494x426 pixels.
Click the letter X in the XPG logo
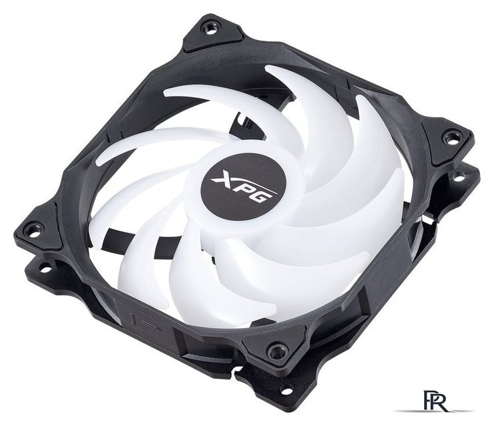point(224,178)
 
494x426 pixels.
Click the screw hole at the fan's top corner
point(209,29)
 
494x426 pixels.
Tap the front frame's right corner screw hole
point(449,137)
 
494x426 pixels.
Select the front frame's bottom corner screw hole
point(277,349)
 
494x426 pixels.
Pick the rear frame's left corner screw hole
point(45,269)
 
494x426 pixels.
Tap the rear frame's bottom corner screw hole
point(286,391)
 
